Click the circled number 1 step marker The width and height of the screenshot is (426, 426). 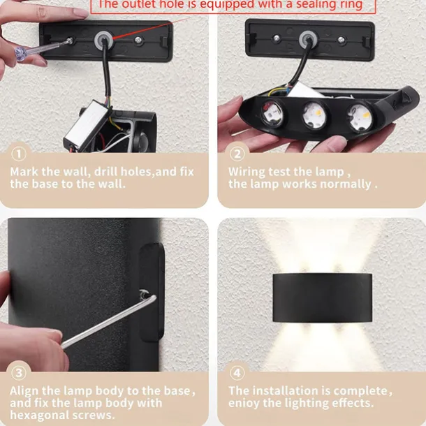coord(19,154)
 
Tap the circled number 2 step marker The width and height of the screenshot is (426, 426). coord(237,154)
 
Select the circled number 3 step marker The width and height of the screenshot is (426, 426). coord(19,373)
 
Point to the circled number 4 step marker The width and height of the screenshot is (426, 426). coord(237,373)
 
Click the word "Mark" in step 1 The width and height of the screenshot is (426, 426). coord(24,172)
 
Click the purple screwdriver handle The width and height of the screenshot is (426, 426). coord(23,53)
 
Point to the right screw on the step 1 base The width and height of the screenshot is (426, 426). coord(139,41)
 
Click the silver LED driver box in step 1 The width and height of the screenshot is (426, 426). coord(86,124)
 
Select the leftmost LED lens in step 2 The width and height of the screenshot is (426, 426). coord(272,114)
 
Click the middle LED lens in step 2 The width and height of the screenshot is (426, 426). coord(314,115)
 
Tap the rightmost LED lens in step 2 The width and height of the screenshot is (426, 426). coord(360,117)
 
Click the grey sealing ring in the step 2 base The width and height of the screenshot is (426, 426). coord(308,40)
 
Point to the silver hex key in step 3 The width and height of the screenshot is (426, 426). coord(109,321)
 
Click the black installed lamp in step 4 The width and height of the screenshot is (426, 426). coord(322,298)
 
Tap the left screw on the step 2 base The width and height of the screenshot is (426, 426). coord(277,38)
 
